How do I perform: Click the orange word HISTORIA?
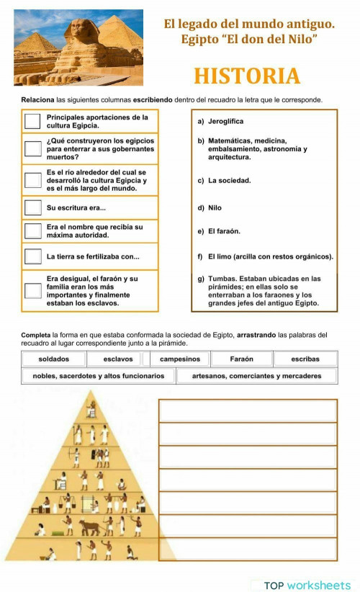tap(247, 76)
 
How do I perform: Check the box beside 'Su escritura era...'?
tap(32, 207)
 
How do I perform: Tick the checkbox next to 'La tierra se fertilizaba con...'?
tap(32, 256)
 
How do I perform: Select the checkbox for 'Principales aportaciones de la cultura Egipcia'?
tap(32, 121)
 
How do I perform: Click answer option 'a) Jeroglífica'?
tap(225, 122)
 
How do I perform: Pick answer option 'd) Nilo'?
tap(215, 208)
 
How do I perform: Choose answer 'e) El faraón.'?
tap(224, 231)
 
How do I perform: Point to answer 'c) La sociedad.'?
tap(229, 180)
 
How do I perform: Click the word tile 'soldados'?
tap(54, 359)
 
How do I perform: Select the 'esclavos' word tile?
tap(117, 359)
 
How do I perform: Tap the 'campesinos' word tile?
tap(180, 359)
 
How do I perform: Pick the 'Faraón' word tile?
tap(241, 359)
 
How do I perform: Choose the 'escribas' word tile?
tap(305, 359)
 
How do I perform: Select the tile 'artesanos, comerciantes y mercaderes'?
tap(256, 376)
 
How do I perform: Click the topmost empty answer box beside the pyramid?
tap(248, 411)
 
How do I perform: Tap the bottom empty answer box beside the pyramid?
tap(248, 550)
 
